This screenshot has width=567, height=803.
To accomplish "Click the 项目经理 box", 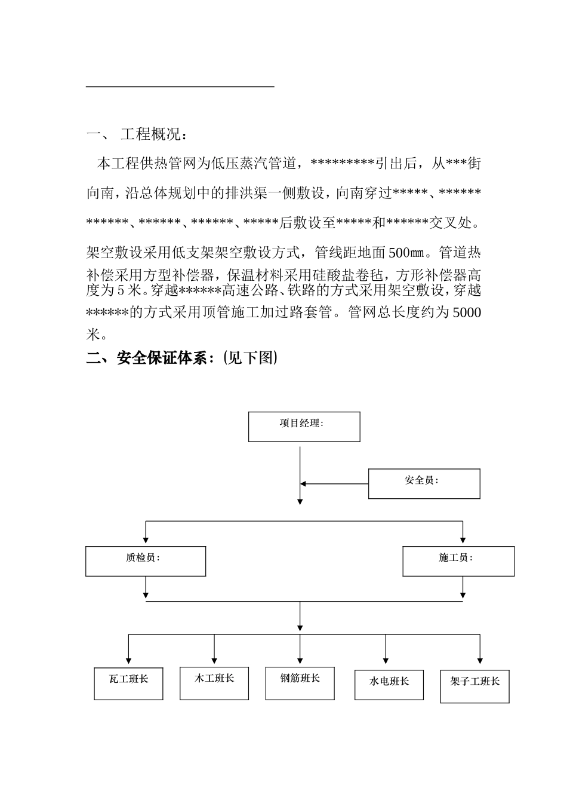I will (304, 427).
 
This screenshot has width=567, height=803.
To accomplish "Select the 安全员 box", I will (424, 483).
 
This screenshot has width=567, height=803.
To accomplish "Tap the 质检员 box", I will (146, 561).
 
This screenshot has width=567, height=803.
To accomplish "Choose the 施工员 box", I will (458, 561).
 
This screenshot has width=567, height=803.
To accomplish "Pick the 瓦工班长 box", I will (128, 684).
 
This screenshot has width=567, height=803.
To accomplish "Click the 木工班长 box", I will (214, 683).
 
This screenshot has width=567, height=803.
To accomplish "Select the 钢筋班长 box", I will (300, 683).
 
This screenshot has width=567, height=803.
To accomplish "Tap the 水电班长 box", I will (389, 685).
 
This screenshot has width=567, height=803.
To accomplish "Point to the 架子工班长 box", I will (474, 686).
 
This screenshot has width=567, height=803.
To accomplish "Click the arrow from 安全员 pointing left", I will (304, 483).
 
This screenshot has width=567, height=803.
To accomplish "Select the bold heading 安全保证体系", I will (161, 358).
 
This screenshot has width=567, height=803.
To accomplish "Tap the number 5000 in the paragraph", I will (467, 312).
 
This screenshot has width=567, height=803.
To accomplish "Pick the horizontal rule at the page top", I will (180, 87).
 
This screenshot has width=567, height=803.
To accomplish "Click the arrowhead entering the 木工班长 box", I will (214, 660).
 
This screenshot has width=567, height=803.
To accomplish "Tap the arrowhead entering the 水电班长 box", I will (386, 660).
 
